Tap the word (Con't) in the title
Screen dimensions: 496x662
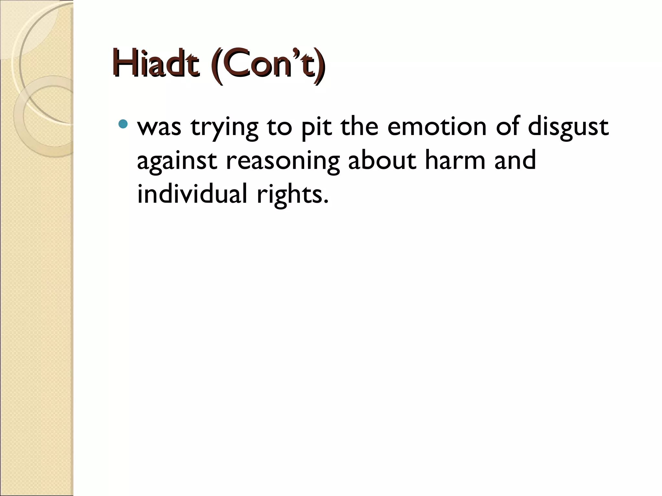(x=268, y=65)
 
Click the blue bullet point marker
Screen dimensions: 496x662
(x=123, y=124)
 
